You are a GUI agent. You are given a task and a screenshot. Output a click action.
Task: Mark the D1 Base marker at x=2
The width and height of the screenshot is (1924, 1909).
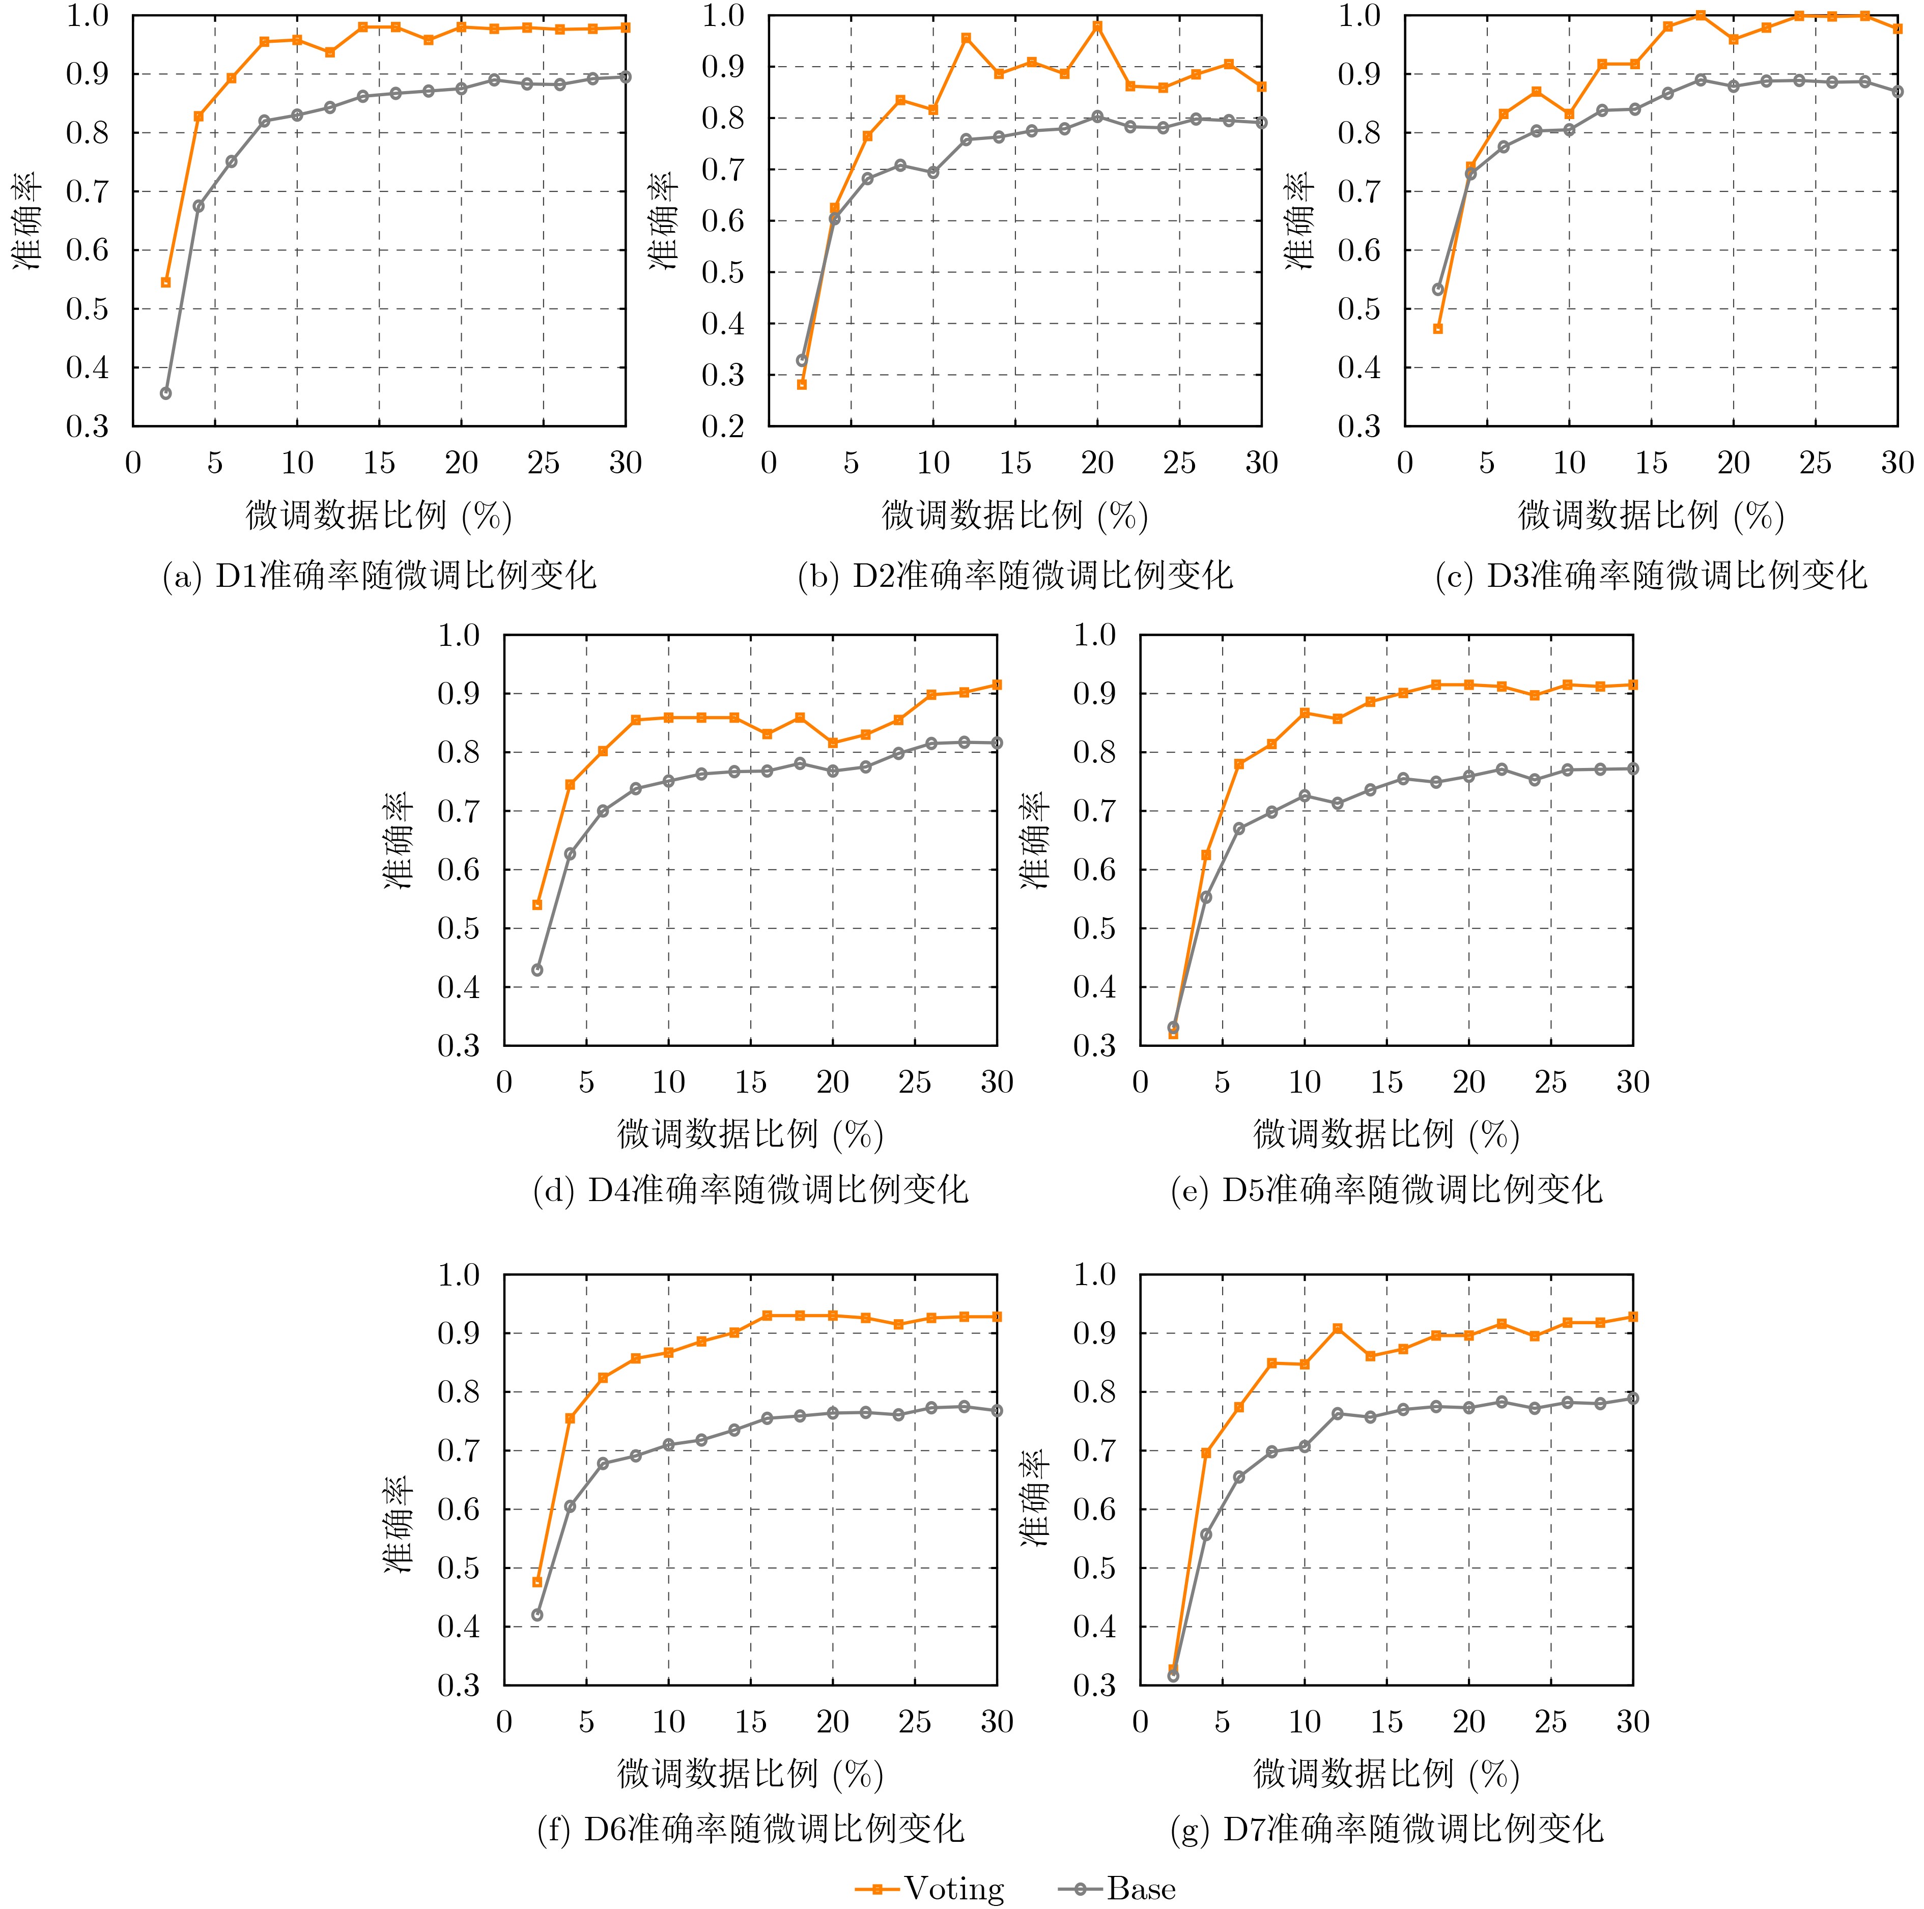click(x=165, y=393)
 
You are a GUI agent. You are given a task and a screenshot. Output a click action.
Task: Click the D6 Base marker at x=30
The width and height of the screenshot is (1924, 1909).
click(x=997, y=1410)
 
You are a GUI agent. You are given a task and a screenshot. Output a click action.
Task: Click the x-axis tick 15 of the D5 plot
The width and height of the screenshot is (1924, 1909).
click(x=1386, y=1082)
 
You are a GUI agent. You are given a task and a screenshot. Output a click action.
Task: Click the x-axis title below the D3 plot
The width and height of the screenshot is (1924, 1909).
click(x=1650, y=515)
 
